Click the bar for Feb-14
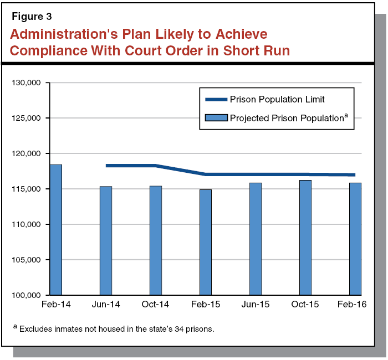tap(55, 230)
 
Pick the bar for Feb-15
tap(205, 242)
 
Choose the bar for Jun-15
tap(255, 239)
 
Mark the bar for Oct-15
tap(305, 238)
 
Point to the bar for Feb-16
tap(355, 239)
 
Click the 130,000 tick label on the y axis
tap(28, 83)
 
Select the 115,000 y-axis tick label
tap(28, 189)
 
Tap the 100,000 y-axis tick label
tap(28, 295)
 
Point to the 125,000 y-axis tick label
tap(28, 118)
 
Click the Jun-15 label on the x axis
tap(256, 305)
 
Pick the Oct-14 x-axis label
tap(155, 305)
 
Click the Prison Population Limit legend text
tap(277, 100)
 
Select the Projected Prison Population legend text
tap(287, 118)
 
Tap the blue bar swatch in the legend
tap(216, 118)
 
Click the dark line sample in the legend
tap(216, 100)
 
